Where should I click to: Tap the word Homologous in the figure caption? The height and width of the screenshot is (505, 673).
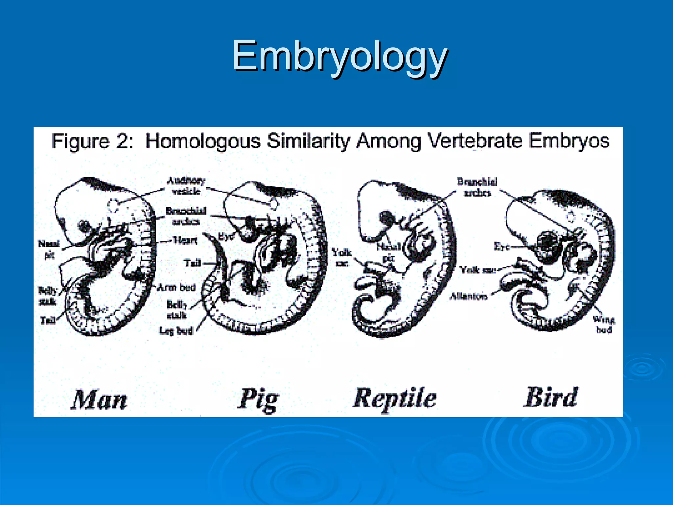pos(203,141)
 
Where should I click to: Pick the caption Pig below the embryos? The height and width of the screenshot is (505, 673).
pos(258,399)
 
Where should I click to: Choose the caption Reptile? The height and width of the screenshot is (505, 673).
pos(395,398)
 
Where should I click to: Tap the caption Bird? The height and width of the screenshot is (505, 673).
pos(551,397)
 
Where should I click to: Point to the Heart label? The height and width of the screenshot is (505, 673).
pos(185,240)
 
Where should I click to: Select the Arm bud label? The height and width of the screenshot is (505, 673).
pos(176,287)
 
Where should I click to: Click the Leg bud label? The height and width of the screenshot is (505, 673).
pos(176,330)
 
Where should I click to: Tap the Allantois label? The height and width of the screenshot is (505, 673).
pos(468,296)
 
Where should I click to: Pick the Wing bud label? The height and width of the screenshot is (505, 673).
pos(604,324)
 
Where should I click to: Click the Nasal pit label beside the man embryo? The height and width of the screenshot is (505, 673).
pos(49,249)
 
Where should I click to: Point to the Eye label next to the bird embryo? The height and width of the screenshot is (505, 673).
pos(501,246)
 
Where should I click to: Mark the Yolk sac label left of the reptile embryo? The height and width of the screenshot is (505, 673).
pos(341,257)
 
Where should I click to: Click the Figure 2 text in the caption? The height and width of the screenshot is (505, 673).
pos(92,141)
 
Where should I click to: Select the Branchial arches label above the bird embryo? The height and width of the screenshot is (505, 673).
pos(477,187)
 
